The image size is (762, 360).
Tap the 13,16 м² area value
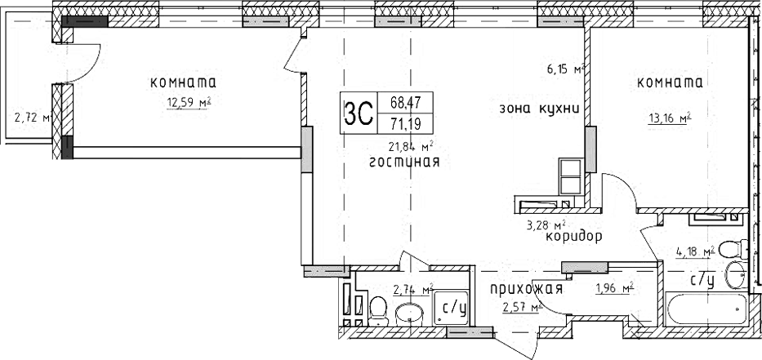pyautogui.click(x=669, y=117)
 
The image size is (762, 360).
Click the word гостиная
pyautogui.click(x=404, y=162)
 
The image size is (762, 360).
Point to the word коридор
pyautogui.click(x=570, y=238)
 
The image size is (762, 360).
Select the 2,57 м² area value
pyautogui.click(x=522, y=307)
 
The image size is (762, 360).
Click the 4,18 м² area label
pyautogui.click(x=693, y=251)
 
